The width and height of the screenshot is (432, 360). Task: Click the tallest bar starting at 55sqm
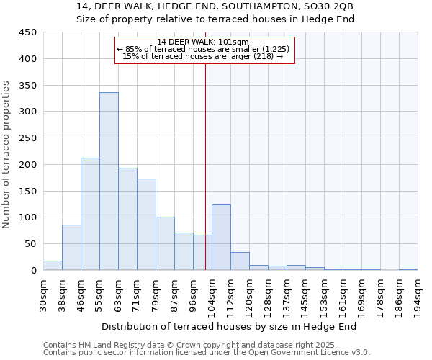point(109,181)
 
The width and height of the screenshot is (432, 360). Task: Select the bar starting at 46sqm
point(90,214)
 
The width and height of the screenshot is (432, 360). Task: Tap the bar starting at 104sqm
point(221,238)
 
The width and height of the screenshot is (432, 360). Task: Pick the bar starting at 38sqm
point(71,248)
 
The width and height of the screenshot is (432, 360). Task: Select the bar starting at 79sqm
point(165,243)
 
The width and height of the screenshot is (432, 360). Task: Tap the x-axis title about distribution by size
point(229,327)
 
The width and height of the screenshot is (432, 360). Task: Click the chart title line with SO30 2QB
point(215,6)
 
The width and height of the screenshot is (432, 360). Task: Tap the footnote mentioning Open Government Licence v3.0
point(207,353)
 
